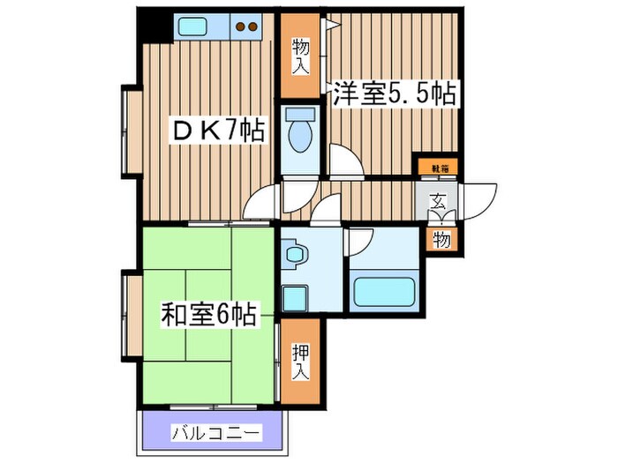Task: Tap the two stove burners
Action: (249, 26)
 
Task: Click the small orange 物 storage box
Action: (440, 239)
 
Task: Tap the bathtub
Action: (384, 291)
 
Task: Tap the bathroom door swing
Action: (360, 242)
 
